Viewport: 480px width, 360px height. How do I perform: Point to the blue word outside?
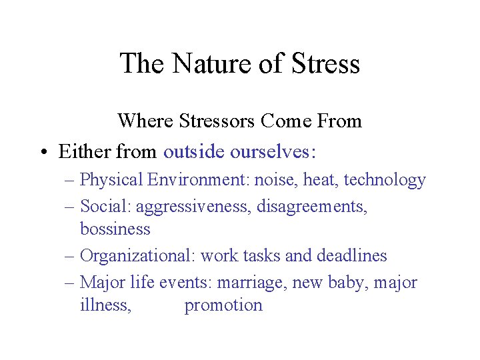pyautogui.click(x=194, y=152)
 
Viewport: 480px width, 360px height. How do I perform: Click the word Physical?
pyautogui.click(x=111, y=180)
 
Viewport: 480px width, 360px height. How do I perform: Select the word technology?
pyautogui.click(x=385, y=180)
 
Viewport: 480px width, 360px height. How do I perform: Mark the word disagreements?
pyautogui.click(x=314, y=207)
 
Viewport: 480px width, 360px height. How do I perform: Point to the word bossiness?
pyautogui.click(x=115, y=229)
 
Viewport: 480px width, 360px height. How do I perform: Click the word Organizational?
pyautogui.click(x=137, y=255)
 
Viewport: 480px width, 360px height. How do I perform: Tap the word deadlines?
pyautogui.click(x=353, y=255)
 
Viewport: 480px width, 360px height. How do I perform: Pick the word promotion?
pyautogui.click(x=223, y=306)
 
